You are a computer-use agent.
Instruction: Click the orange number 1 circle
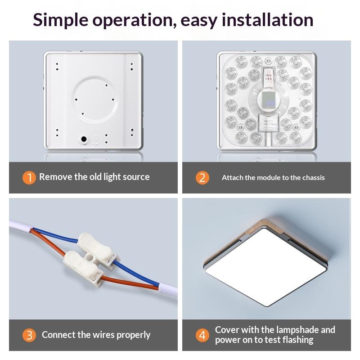tap(29, 177)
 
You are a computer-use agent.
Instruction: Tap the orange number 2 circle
tap(202, 177)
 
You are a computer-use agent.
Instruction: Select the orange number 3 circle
tap(29, 335)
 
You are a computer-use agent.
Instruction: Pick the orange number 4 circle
tap(202, 335)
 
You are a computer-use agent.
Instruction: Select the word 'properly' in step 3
tap(133, 335)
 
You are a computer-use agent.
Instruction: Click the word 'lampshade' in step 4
tap(297, 330)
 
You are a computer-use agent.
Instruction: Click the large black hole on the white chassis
tap(84, 139)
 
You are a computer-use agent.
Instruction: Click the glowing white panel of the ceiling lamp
tap(265, 267)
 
